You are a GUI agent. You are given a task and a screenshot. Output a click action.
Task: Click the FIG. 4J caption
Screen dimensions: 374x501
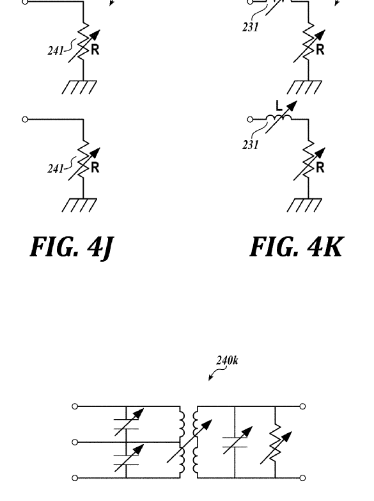[x=72, y=248]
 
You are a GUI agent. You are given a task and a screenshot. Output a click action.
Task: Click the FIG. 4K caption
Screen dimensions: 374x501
[x=297, y=247]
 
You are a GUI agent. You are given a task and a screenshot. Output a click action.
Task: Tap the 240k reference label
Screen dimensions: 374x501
[x=227, y=360]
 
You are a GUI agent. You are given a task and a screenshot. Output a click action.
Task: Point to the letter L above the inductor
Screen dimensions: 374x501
[x=279, y=106]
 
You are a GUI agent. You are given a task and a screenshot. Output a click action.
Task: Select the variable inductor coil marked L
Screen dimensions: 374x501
[x=279, y=118]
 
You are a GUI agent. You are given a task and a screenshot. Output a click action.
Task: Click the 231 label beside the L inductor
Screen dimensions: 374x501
[x=250, y=145]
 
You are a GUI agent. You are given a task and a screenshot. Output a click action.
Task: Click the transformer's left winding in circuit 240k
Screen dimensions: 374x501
[x=182, y=442]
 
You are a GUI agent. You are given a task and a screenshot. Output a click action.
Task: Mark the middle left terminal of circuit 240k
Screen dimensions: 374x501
[x=75, y=442]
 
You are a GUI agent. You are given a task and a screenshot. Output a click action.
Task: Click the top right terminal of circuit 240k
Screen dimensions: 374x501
[x=303, y=406]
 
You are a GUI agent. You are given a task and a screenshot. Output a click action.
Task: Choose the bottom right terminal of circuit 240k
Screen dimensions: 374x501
[x=303, y=478]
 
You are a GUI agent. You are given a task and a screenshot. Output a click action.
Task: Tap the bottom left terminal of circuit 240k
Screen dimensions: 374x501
[x=75, y=478]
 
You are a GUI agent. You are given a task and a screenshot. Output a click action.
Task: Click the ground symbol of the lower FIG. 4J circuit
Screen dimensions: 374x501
[x=79, y=205]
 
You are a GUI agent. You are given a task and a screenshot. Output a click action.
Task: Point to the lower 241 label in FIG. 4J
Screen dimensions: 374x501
[x=56, y=168]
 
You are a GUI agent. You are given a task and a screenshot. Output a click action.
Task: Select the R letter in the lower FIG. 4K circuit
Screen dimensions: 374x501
[x=320, y=168]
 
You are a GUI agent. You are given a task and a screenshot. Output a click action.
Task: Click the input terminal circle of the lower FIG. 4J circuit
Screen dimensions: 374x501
[x=25, y=120]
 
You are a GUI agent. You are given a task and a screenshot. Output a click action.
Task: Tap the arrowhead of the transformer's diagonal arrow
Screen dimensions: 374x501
[x=208, y=424]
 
